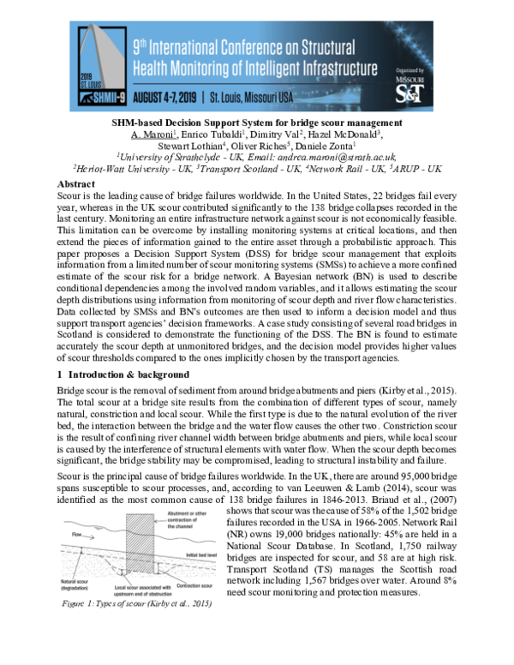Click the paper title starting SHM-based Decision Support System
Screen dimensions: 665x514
257,123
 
